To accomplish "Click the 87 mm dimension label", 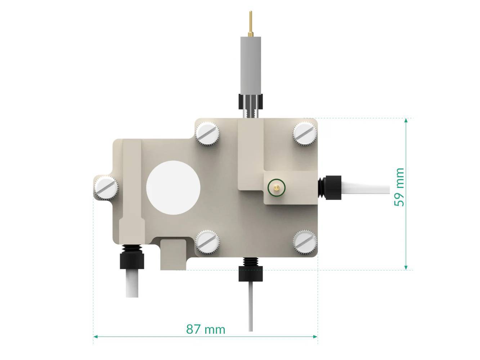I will (206, 329).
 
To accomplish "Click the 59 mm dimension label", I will (399, 187).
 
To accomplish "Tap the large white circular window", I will (173, 188).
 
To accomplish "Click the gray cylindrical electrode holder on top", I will (250, 65).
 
